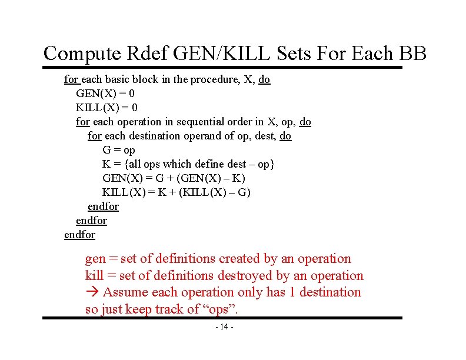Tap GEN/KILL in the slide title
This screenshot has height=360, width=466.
[x=217, y=54]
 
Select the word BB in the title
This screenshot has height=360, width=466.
[x=411, y=54]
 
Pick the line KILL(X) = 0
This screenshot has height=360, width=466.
[x=106, y=108]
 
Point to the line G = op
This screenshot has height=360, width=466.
[x=118, y=150]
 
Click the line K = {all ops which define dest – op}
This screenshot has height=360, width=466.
[x=188, y=164]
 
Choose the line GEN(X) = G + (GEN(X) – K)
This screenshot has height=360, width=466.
[x=174, y=178]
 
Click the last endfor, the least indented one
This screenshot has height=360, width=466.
[x=79, y=235]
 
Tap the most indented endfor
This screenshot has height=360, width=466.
[x=103, y=206]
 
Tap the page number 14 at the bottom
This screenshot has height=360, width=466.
[x=224, y=326]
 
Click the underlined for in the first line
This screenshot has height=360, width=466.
[x=71, y=79]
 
